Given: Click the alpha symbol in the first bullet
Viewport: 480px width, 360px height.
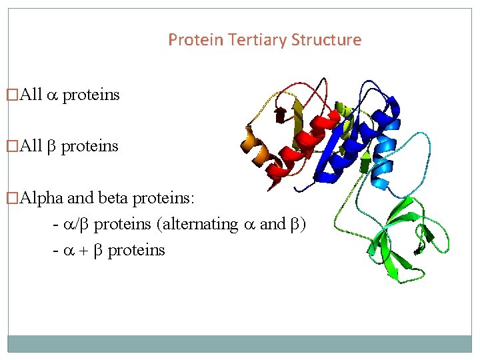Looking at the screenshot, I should [x=53, y=95].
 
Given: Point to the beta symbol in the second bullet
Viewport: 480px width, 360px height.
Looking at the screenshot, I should [x=52, y=146].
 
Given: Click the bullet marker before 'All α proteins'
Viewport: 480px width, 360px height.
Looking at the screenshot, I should [x=10, y=95].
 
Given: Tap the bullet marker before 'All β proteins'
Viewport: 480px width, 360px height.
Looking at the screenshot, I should [x=10, y=146].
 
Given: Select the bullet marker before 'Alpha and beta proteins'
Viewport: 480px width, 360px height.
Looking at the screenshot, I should [x=10, y=198].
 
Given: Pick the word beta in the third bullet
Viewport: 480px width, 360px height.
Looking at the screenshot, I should [x=113, y=198].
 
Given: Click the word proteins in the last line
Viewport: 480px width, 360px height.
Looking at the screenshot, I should [x=136, y=250].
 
